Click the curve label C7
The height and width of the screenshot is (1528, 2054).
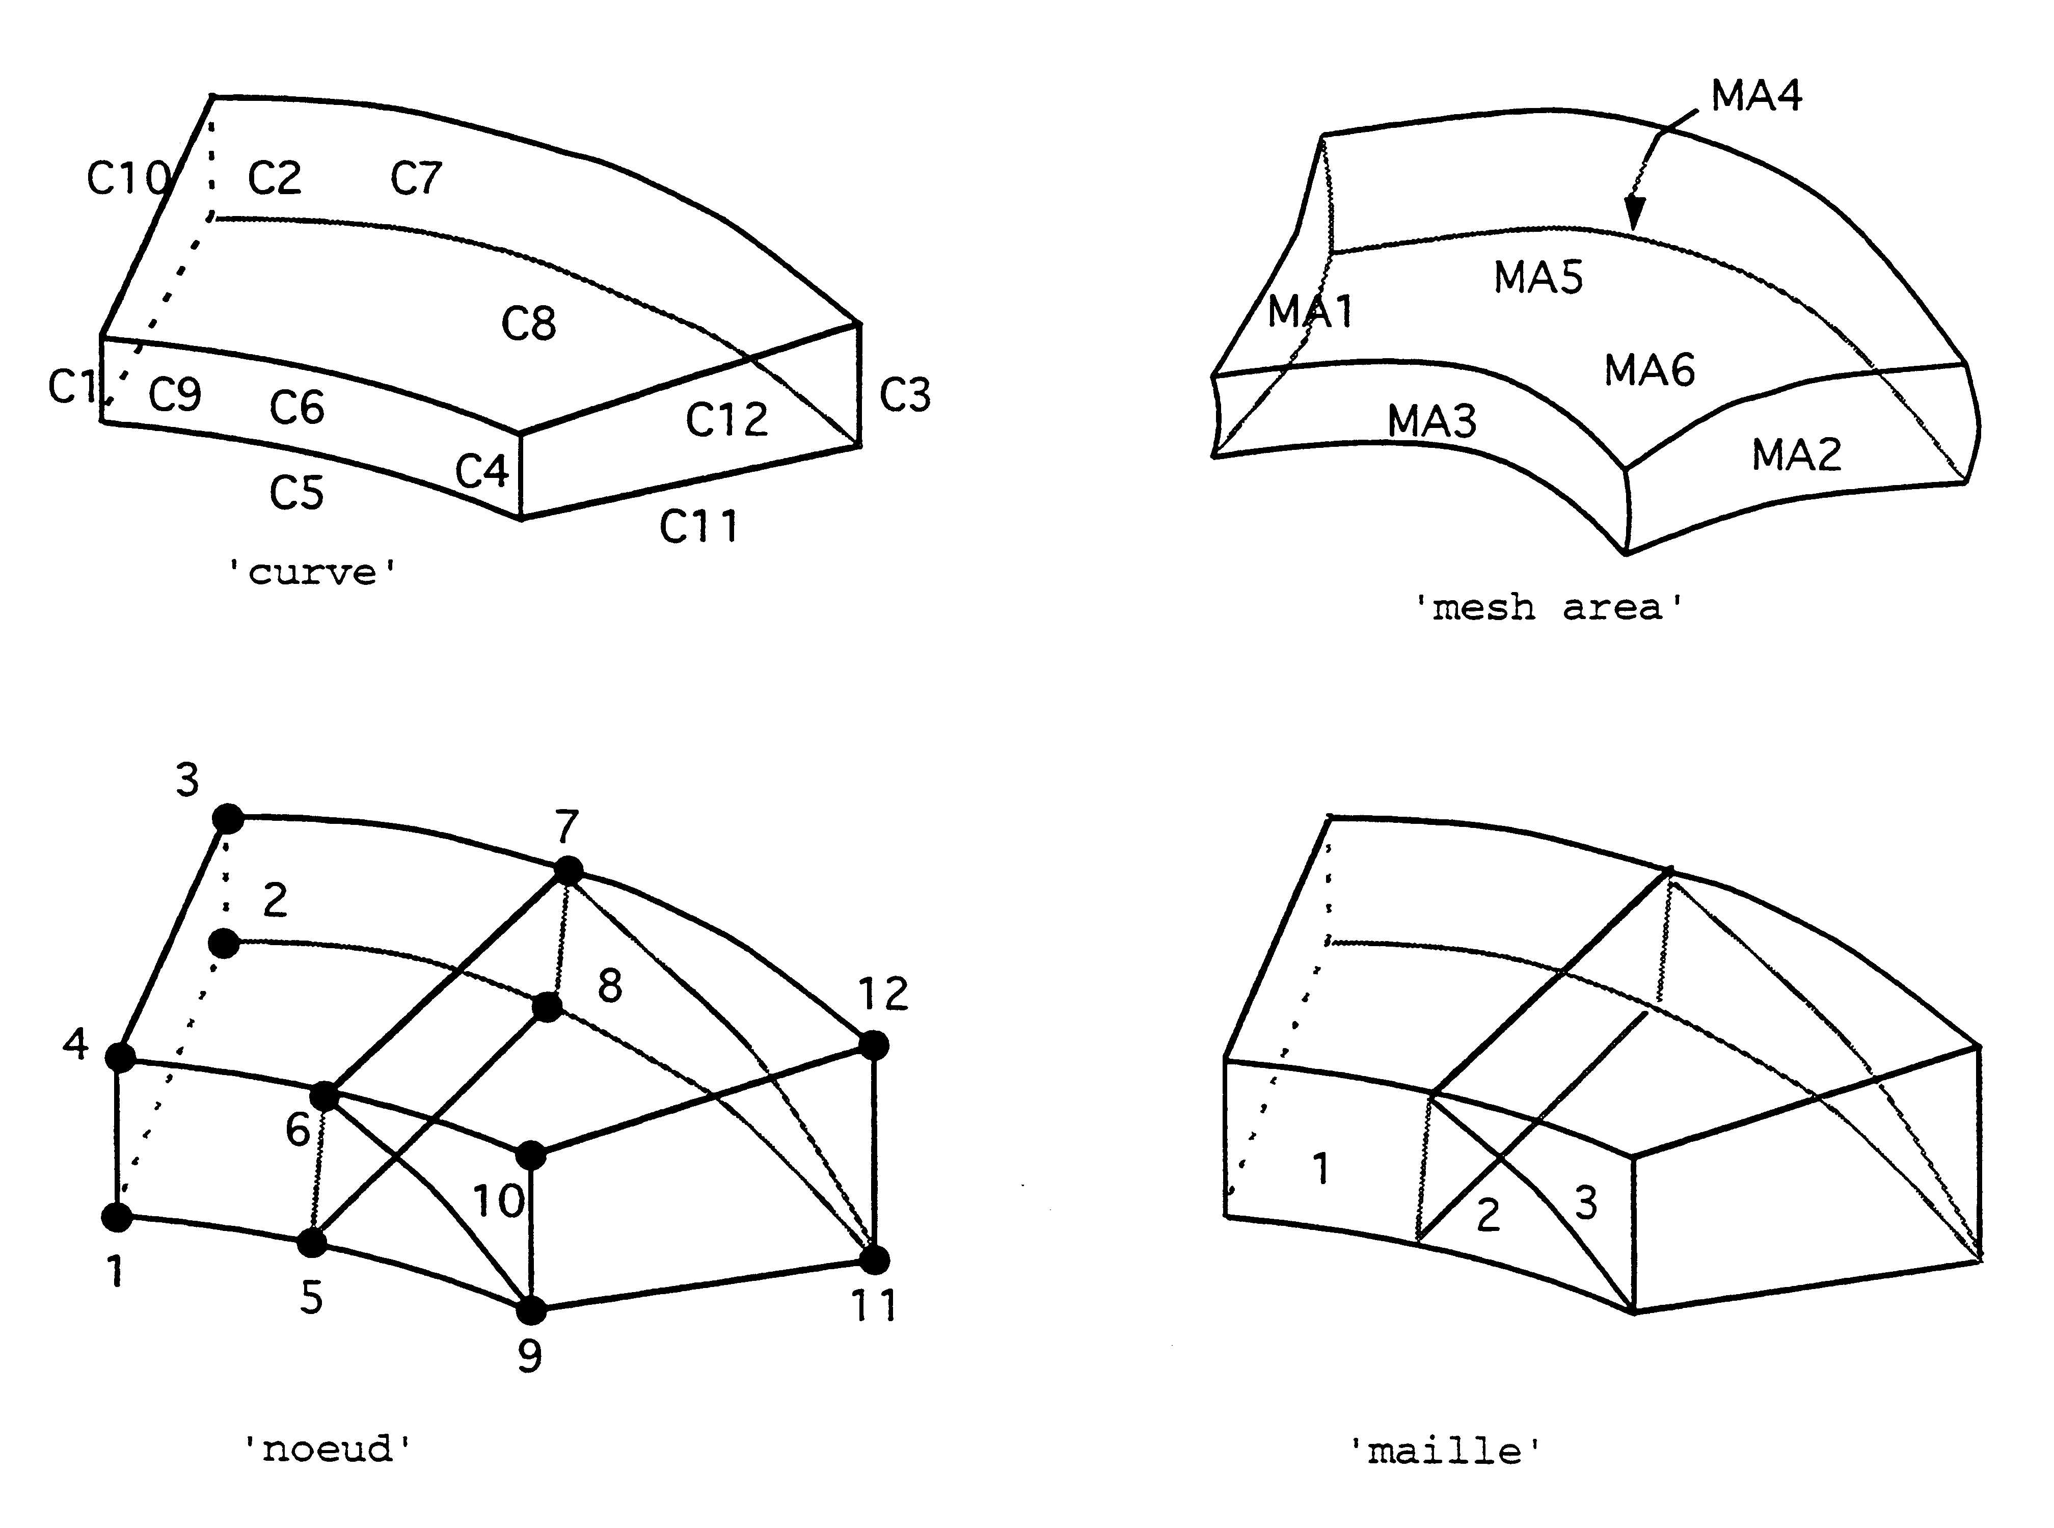click(416, 178)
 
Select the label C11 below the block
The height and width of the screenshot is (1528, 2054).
click(698, 526)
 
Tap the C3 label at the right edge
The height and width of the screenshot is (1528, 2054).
click(904, 395)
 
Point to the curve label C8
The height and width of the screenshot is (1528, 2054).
click(528, 324)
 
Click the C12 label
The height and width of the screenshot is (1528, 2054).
click(727, 420)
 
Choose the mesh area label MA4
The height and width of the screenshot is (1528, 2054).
click(1756, 95)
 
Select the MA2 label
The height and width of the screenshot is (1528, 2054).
click(1796, 454)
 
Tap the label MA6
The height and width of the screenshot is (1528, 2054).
click(1649, 370)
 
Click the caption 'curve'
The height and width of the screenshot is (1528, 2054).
click(313, 573)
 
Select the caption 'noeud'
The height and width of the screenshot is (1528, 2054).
click(328, 1449)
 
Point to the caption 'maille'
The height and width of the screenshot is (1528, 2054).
click(1445, 1451)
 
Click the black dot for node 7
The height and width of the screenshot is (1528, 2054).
click(568, 870)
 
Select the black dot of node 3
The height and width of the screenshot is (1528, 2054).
click(228, 819)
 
